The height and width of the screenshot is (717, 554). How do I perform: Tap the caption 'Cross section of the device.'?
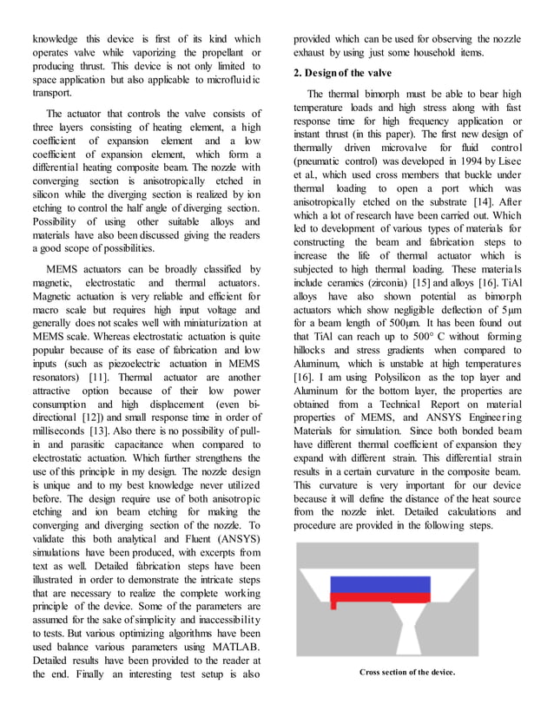click(x=407, y=672)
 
